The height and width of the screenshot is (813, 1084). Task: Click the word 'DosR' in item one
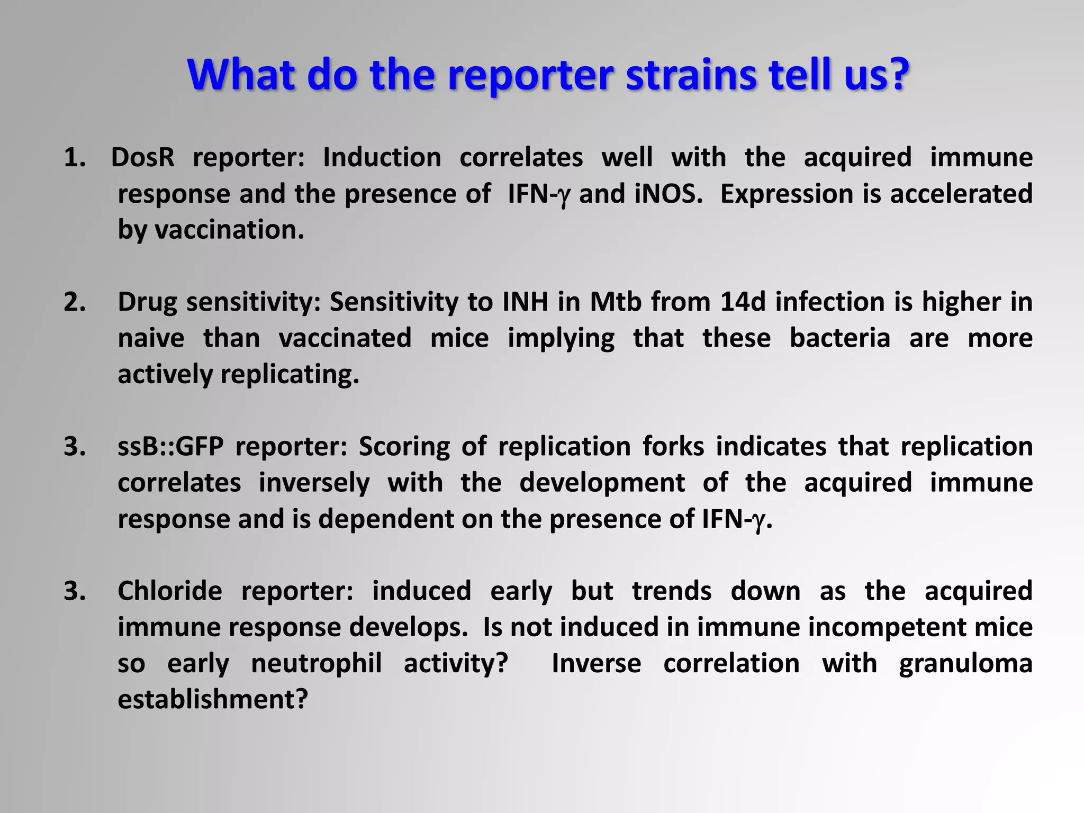coord(142,158)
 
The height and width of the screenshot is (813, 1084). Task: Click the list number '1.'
coord(75,158)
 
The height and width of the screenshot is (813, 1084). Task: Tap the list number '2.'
coord(75,302)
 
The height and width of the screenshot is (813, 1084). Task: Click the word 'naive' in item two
coord(151,338)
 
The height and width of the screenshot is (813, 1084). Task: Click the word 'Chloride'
coord(170,591)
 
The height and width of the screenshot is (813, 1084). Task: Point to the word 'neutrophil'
coord(316,664)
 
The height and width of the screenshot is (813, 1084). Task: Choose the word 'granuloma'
coord(965,664)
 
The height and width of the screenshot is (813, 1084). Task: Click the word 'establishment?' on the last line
coord(212,700)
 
